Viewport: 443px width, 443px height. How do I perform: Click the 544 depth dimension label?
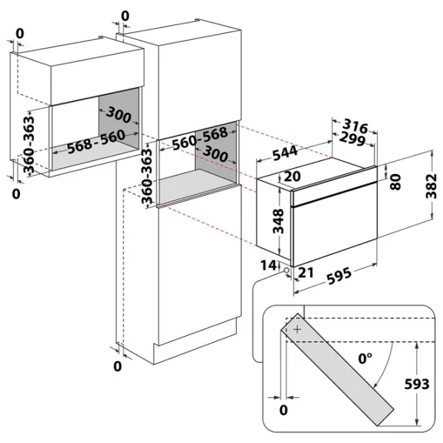pyautogui.click(x=285, y=153)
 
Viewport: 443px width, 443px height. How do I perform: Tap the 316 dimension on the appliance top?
pyautogui.click(x=355, y=126)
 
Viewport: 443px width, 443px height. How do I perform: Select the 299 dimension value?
pyautogui.click(x=352, y=139)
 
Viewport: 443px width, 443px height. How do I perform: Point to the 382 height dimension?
pyautogui.click(x=431, y=186)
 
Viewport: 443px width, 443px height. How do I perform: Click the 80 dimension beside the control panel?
pyautogui.click(x=395, y=182)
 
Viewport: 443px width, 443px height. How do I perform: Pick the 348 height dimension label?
pyautogui.click(x=278, y=221)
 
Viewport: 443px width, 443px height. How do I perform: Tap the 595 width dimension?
pyautogui.click(x=340, y=275)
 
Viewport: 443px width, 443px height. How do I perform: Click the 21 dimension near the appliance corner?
pyautogui.click(x=306, y=272)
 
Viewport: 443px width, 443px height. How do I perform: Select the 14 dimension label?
pyautogui.click(x=268, y=265)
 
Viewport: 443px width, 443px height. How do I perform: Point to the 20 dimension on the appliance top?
pyautogui.click(x=292, y=176)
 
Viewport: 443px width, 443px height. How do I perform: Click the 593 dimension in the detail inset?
pyautogui.click(x=416, y=384)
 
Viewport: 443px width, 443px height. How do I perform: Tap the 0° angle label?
pyautogui.click(x=365, y=359)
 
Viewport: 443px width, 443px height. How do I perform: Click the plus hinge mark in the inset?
pyautogui.click(x=298, y=329)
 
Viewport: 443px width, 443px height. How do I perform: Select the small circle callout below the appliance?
pyautogui.click(x=286, y=270)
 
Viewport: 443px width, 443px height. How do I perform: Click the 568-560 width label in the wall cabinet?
pyautogui.click(x=96, y=142)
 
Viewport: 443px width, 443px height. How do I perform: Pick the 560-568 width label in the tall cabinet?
pyautogui.click(x=200, y=139)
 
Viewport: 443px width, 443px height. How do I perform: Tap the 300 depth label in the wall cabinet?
pyautogui.click(x=119, y=115)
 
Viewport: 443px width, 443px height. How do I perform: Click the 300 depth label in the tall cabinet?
pyautogui.click(x=216, y=154)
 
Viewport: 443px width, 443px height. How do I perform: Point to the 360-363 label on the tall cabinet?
pyautogui.click(x=147, y=176)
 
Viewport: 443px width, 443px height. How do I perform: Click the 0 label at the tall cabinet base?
pyautogui.click(x=117, y=366)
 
